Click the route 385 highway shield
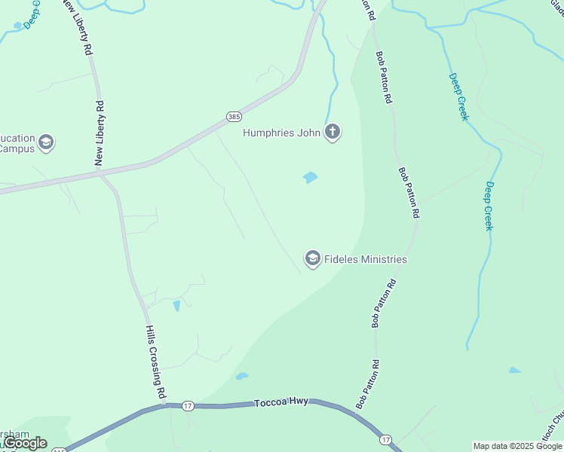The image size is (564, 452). tap(234, 117)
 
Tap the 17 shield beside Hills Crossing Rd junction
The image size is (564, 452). tap(189, 406)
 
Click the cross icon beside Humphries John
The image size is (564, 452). tap(333, 133)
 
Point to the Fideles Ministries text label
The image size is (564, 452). tap(366, 259)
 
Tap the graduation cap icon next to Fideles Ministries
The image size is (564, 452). tap(312, 259)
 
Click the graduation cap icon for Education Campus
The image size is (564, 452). tap(47, 142)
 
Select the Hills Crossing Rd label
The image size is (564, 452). tap(155, 362)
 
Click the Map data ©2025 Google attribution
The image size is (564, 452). tap(518, 446)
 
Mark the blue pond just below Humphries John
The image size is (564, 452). tap(310, 178)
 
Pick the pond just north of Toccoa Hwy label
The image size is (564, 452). tap(241, 376)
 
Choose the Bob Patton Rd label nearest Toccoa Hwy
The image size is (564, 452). tap(375, 383)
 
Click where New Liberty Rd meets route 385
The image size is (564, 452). tap(99, 173)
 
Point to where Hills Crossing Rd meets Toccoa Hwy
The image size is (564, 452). tap(164, 405)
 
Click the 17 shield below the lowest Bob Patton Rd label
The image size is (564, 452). tap(385, 439)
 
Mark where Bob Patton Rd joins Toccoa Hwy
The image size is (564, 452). tap(356, 411)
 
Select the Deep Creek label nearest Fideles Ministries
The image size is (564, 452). tap(489, 206)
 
